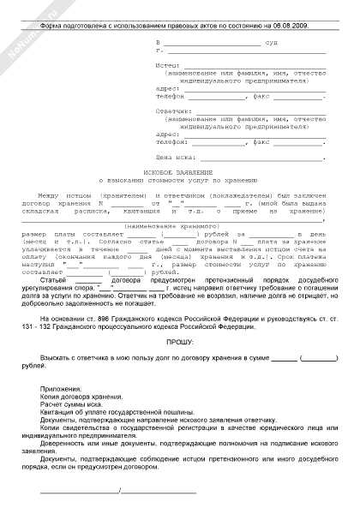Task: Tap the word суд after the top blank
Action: coord(271,42)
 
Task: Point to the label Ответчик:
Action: coord(173,110)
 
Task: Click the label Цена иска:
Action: coord(176,158)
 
